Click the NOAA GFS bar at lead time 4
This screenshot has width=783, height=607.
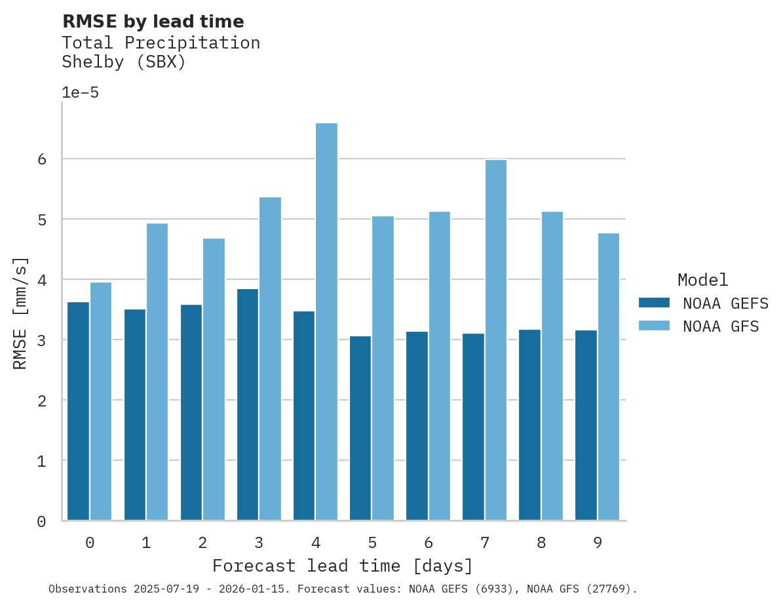point(326,322)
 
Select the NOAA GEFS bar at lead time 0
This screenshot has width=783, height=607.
point(78,411)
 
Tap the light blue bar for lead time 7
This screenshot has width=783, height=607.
point(495,340)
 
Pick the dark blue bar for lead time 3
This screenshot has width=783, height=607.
point(248,404)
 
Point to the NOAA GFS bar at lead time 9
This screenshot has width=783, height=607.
point(608,377)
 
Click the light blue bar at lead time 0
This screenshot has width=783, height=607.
point(101,401)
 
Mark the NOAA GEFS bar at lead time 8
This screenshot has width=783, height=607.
point(529,425)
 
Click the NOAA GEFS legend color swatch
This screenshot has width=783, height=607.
point(654,303)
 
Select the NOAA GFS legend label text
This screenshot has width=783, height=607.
point(720,326)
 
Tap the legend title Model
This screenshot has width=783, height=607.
point(702,281)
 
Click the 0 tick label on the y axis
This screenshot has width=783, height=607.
point(41,522)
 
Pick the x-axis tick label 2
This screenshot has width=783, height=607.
point(202,543)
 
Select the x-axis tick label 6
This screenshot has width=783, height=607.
point(428,543)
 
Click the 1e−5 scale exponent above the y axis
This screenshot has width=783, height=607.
point(80,93)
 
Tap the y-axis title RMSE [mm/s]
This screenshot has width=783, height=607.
point(21,313)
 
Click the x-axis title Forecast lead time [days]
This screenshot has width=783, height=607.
point(342,566)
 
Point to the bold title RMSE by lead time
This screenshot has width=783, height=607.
point(153,22)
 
